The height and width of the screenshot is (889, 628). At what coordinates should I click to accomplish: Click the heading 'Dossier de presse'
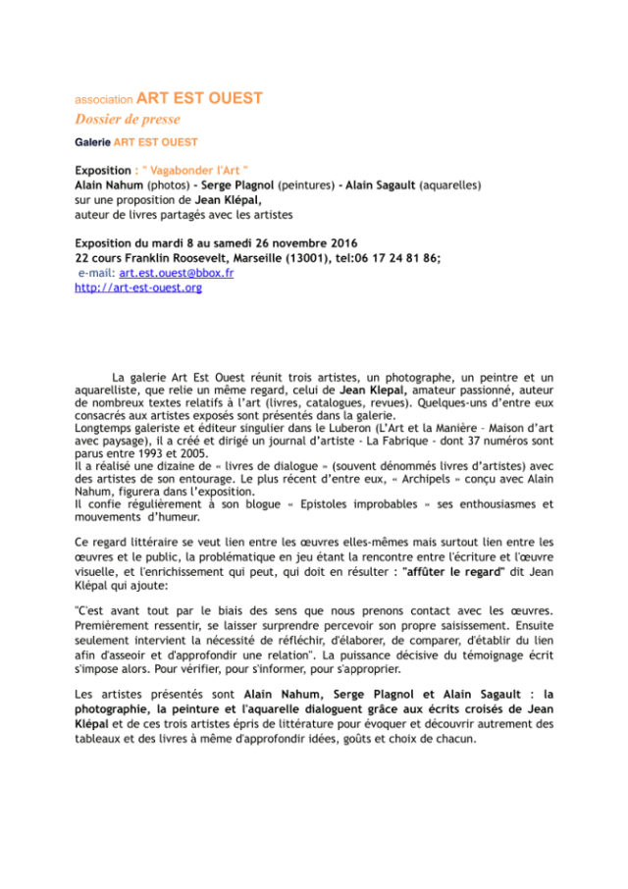point(128,120)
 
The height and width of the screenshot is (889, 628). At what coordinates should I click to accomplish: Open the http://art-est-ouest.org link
point(138,288)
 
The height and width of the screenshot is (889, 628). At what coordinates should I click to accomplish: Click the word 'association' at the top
point(104,100)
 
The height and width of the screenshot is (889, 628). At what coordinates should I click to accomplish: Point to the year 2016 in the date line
point(340,243)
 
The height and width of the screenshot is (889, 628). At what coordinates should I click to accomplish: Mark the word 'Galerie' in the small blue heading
point(94,142)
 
